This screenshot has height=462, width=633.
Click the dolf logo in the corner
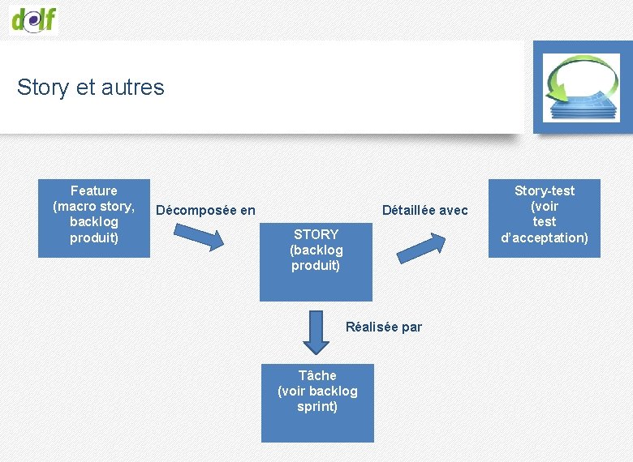point(35,17)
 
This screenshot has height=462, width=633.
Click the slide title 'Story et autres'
point(90,87)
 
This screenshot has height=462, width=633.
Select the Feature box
point(94,218)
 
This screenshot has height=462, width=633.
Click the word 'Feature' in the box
point(94,190)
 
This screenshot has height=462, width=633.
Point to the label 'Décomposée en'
point(205,211)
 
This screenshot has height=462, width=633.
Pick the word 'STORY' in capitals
point(316,234)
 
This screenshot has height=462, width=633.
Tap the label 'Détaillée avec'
point(424,211)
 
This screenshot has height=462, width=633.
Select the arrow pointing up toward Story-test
point(422,247)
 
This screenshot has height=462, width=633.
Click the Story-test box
point(544,218)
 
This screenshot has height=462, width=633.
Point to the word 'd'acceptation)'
point(545,237)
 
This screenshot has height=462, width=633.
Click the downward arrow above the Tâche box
point(316,332)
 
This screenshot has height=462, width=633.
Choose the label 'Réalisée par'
point(384,327)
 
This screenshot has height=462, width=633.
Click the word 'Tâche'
point(317,375)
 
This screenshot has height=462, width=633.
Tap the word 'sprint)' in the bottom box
point(317,406)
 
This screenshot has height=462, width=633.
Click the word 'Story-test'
point(545,190)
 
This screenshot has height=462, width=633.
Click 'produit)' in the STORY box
point(316,265)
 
